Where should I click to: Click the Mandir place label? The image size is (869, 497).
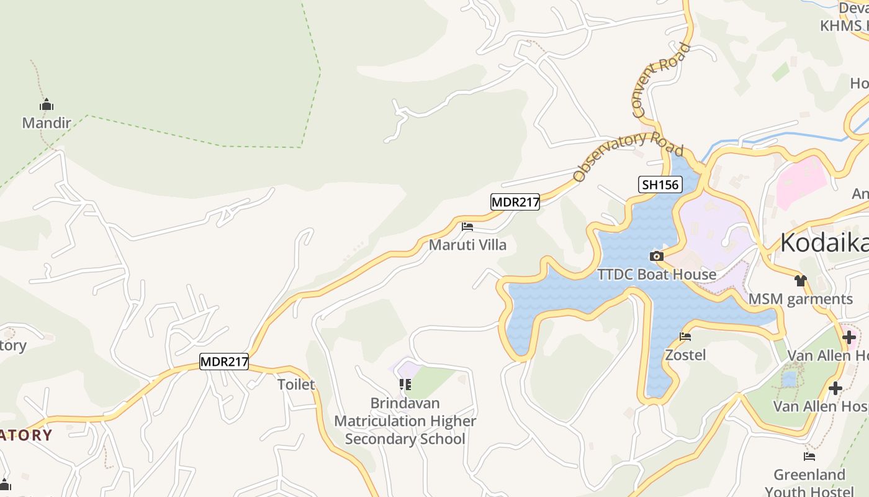pyautogui.click(x=47, y=122)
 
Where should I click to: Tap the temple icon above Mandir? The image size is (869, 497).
pyautogui.click(x=47, y=104)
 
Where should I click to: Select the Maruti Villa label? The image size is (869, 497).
pyautogui.click(x=467, y=245)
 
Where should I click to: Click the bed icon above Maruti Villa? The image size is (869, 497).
pyautogui.click(x=467, y=227)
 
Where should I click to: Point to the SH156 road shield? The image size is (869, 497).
pyautogui.click(x=660, y=185)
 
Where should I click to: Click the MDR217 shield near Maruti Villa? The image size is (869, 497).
pyautogui.click(x=515, y=202)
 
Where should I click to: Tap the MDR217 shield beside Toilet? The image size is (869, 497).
pyautogui.click(x=224, y=362)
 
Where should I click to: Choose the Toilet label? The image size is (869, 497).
pyautogui.click(x=296, y=385)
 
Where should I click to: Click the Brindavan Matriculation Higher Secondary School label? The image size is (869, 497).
pyautogui.click(x=405, y=421)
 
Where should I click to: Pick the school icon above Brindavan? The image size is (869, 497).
pyautogui.click(x=405, y=385)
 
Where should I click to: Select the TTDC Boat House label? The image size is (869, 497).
pyautogui.click(x=657, y=274)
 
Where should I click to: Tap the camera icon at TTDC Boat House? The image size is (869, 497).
pyautogui.click(x=656, y=256)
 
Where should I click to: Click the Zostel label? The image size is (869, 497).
pyautogui.click(x=685, y=355)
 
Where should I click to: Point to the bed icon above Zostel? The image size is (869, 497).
pyautogui.click(x=685, y=337)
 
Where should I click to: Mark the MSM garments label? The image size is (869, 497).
pyautogui.click(x=801, y=299)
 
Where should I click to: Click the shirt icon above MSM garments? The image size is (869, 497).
pyautogui.click(x=801, y=281)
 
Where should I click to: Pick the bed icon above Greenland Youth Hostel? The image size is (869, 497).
pyautogui.click(x=809, y=457)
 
